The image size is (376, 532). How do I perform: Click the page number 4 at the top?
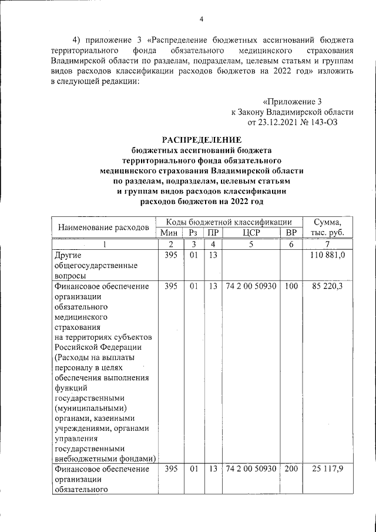(x=201, y=19)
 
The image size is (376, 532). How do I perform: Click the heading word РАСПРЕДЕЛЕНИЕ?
(x=202, y=139)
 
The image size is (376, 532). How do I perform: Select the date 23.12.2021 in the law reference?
(x=277, y=122)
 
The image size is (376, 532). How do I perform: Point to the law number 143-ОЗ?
(x=322, y=122)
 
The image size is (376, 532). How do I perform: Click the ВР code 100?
(x=291, y=287)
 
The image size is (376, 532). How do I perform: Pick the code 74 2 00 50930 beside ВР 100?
(x=250, y=287)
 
